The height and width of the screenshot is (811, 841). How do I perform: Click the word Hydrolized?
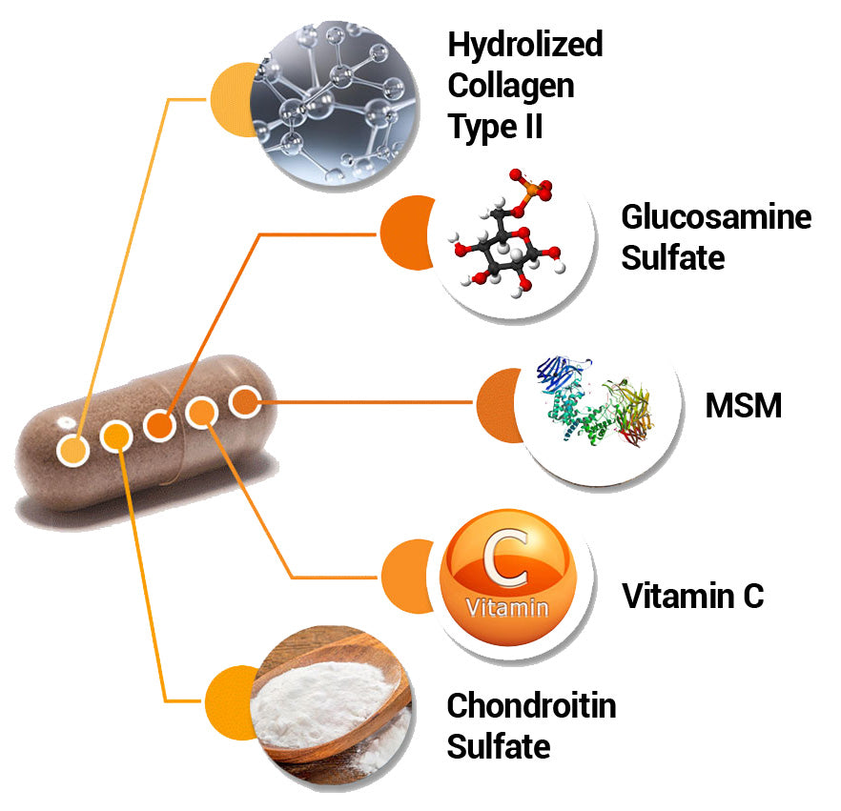[525, 45]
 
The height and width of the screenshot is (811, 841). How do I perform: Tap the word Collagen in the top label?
[511, 86]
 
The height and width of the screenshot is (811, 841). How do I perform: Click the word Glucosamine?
[716, 217]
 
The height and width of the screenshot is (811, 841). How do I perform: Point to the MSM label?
[743, 406]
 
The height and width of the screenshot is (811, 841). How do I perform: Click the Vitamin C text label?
[693, 597]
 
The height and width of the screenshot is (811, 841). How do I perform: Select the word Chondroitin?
[531, 706]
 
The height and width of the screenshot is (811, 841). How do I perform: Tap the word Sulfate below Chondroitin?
[499, 746]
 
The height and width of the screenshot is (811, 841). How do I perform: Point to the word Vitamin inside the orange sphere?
[506, 607]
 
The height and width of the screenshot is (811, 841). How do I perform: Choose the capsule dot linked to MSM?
[245, 402]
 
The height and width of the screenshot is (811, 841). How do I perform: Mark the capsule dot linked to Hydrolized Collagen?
[72, 448]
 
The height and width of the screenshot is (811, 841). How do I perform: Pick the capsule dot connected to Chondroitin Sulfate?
[115, 437]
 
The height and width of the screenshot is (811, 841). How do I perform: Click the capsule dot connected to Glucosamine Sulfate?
[158, 425]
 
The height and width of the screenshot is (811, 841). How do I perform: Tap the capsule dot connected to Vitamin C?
[202, 413]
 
